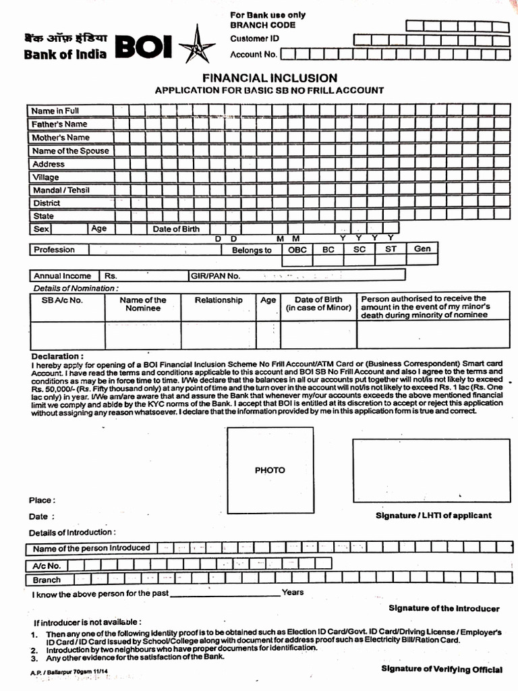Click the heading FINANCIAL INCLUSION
pos(270,78)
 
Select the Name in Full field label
pos(55,111)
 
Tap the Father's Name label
pos(59,124)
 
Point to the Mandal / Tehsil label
pos(61,190)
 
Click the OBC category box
pos(297,250)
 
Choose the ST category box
pos(391,250)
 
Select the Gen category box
pos(422,249)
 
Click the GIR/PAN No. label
pos(215,276)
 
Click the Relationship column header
pos(219,300)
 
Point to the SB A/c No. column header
pos(62,300)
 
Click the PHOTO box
pos(270,470)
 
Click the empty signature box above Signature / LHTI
pos(431,470)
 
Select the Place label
pos(41,500)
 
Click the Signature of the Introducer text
pos(444,609)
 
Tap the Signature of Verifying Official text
pos(441,669)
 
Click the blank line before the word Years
pos(225,594)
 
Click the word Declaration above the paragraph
pos(57,356)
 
